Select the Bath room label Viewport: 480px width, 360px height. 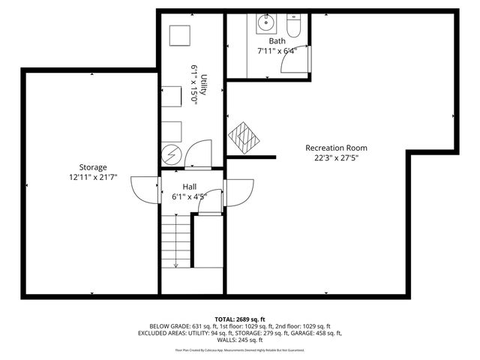click(x=277, y=40)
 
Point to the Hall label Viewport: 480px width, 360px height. click(x=190, y=187)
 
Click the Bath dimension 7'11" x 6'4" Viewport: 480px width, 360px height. click(x=277, y=51)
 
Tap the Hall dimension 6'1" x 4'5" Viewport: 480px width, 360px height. click(x=190, y=197)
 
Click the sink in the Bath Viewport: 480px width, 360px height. click(x=264, y=23)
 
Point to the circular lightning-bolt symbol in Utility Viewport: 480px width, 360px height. click(x=170, y=154)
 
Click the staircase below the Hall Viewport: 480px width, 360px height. click(x=176, y=240)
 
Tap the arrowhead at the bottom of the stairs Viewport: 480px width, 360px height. click(x=176, y=264)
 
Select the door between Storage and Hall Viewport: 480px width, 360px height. click(x=145, y=189)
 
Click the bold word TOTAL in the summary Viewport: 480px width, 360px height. click(x=225, y=319)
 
